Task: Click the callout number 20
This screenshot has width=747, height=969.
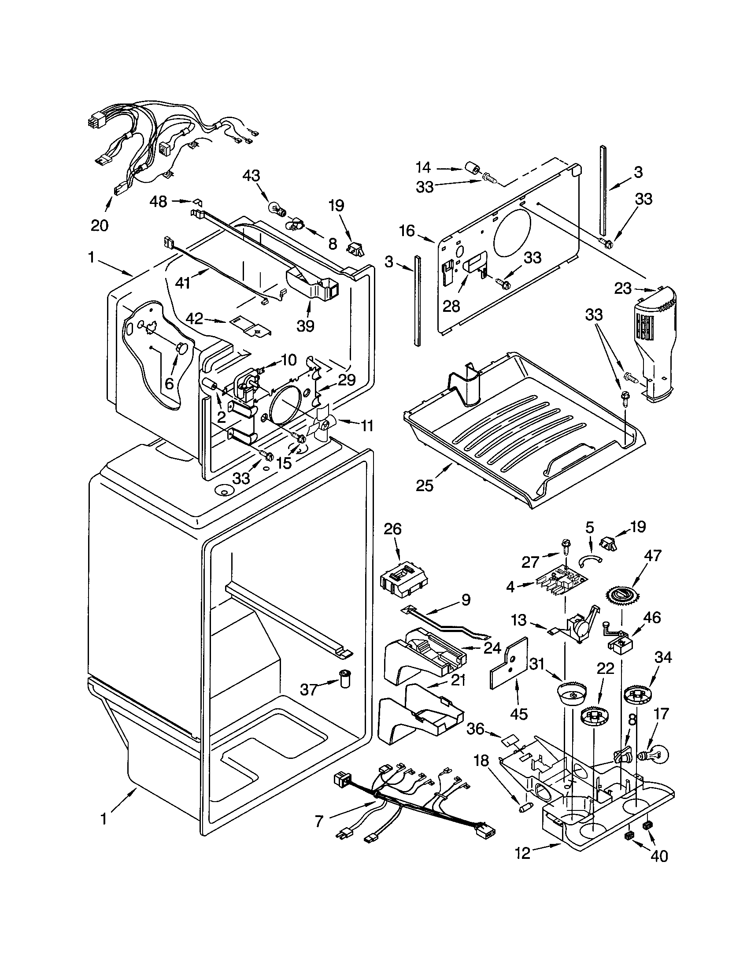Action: pos(100,226)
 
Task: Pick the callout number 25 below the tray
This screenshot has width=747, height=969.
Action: pos(425,486)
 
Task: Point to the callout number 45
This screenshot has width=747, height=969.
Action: pos(518,714)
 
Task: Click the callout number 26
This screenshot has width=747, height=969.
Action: pos(392,529)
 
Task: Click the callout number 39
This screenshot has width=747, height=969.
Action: pos(305,326)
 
